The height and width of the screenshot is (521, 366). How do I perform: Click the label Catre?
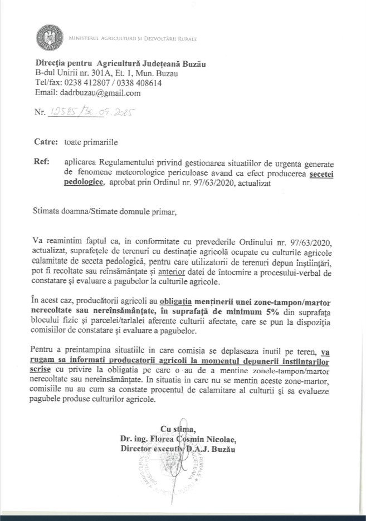[46, 142]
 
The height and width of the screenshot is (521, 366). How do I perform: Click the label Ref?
[42, 163]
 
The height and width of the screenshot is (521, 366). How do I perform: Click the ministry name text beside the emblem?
[133, 39]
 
